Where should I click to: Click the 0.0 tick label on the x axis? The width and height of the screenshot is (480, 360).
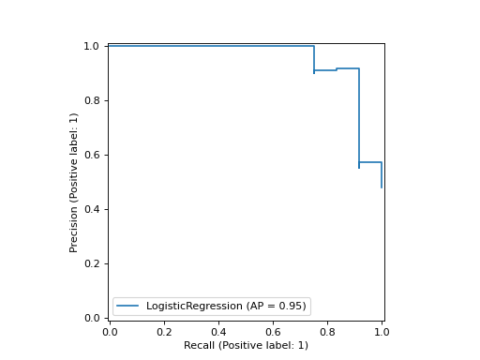pos(110,332)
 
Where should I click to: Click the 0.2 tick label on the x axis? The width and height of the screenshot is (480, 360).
pos(164,332)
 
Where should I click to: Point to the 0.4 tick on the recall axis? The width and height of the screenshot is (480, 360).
pos(218,332)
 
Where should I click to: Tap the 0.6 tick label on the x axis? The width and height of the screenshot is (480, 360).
pos(273,332)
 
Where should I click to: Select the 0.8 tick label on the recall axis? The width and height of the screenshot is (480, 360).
pos(327,332)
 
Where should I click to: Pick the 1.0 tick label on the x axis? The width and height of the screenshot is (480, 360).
pos(382,332)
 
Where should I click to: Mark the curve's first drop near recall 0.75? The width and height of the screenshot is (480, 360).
pos(314,58)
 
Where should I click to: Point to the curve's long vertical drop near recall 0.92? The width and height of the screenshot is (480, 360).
pos(359,117)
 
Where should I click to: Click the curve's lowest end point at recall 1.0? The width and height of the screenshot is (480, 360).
pos(382,187)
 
